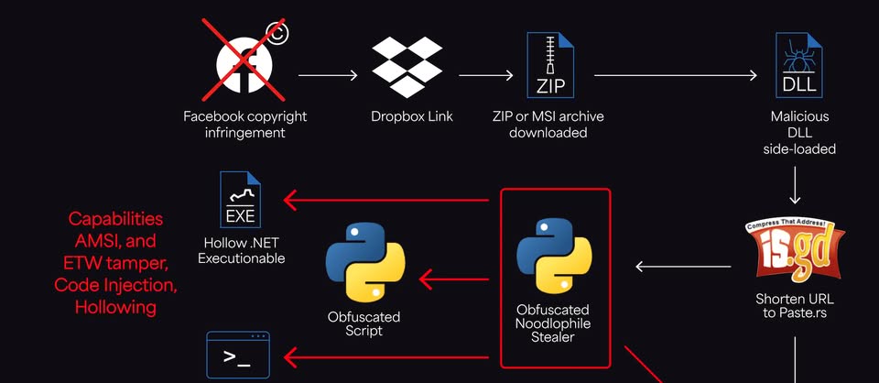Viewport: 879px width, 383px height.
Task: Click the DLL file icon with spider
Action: (796, 65)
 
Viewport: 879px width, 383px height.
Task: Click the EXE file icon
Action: (241, 200)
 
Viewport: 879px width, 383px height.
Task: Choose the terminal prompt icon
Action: (238, 356)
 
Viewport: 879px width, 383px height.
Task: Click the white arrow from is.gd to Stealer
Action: (683, 267)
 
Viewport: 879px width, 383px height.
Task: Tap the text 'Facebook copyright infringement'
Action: (244, 125)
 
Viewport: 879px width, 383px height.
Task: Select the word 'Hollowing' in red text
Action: (116, 307)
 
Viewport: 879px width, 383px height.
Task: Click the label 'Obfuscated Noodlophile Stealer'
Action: (552, 323)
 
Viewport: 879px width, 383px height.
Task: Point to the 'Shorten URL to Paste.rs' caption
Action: (795, 307)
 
